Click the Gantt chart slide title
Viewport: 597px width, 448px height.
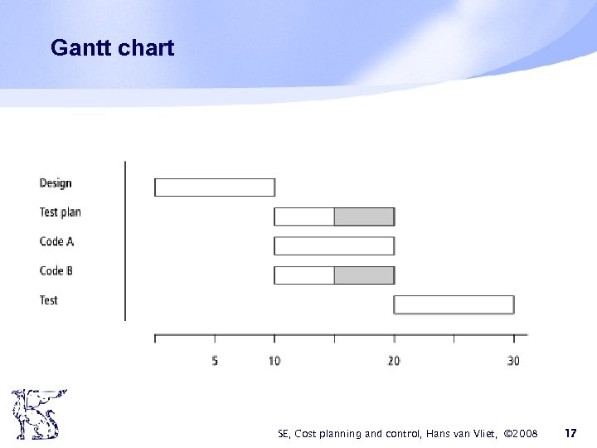coord(112,48)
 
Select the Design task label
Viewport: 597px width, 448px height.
coord(56,183)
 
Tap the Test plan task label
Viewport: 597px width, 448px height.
coord(60,212)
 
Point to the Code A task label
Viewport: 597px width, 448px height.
coord(56,241)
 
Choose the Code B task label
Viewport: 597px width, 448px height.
coord(56,270)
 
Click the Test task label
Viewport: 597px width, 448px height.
coord(49,299)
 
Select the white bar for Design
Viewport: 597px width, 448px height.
coord(215,187)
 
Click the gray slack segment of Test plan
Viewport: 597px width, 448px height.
coord(364,217)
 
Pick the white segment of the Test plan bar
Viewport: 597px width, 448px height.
coord(304,217)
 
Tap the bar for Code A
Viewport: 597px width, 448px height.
coord(334,246)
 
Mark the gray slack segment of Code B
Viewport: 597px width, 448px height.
coord(364,275)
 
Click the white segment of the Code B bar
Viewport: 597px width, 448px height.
coord(304,275)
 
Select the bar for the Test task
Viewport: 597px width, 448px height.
coord(454,304)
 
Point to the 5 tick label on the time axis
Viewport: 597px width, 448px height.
coord(215,361)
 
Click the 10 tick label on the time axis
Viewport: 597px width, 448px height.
coord(274,361)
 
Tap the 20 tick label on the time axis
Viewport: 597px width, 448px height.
coord(394,361)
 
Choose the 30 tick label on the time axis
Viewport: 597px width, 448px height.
coord(513,361)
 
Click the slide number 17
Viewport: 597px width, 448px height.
coord(570,432)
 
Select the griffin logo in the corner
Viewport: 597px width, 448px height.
coord(37,415)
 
